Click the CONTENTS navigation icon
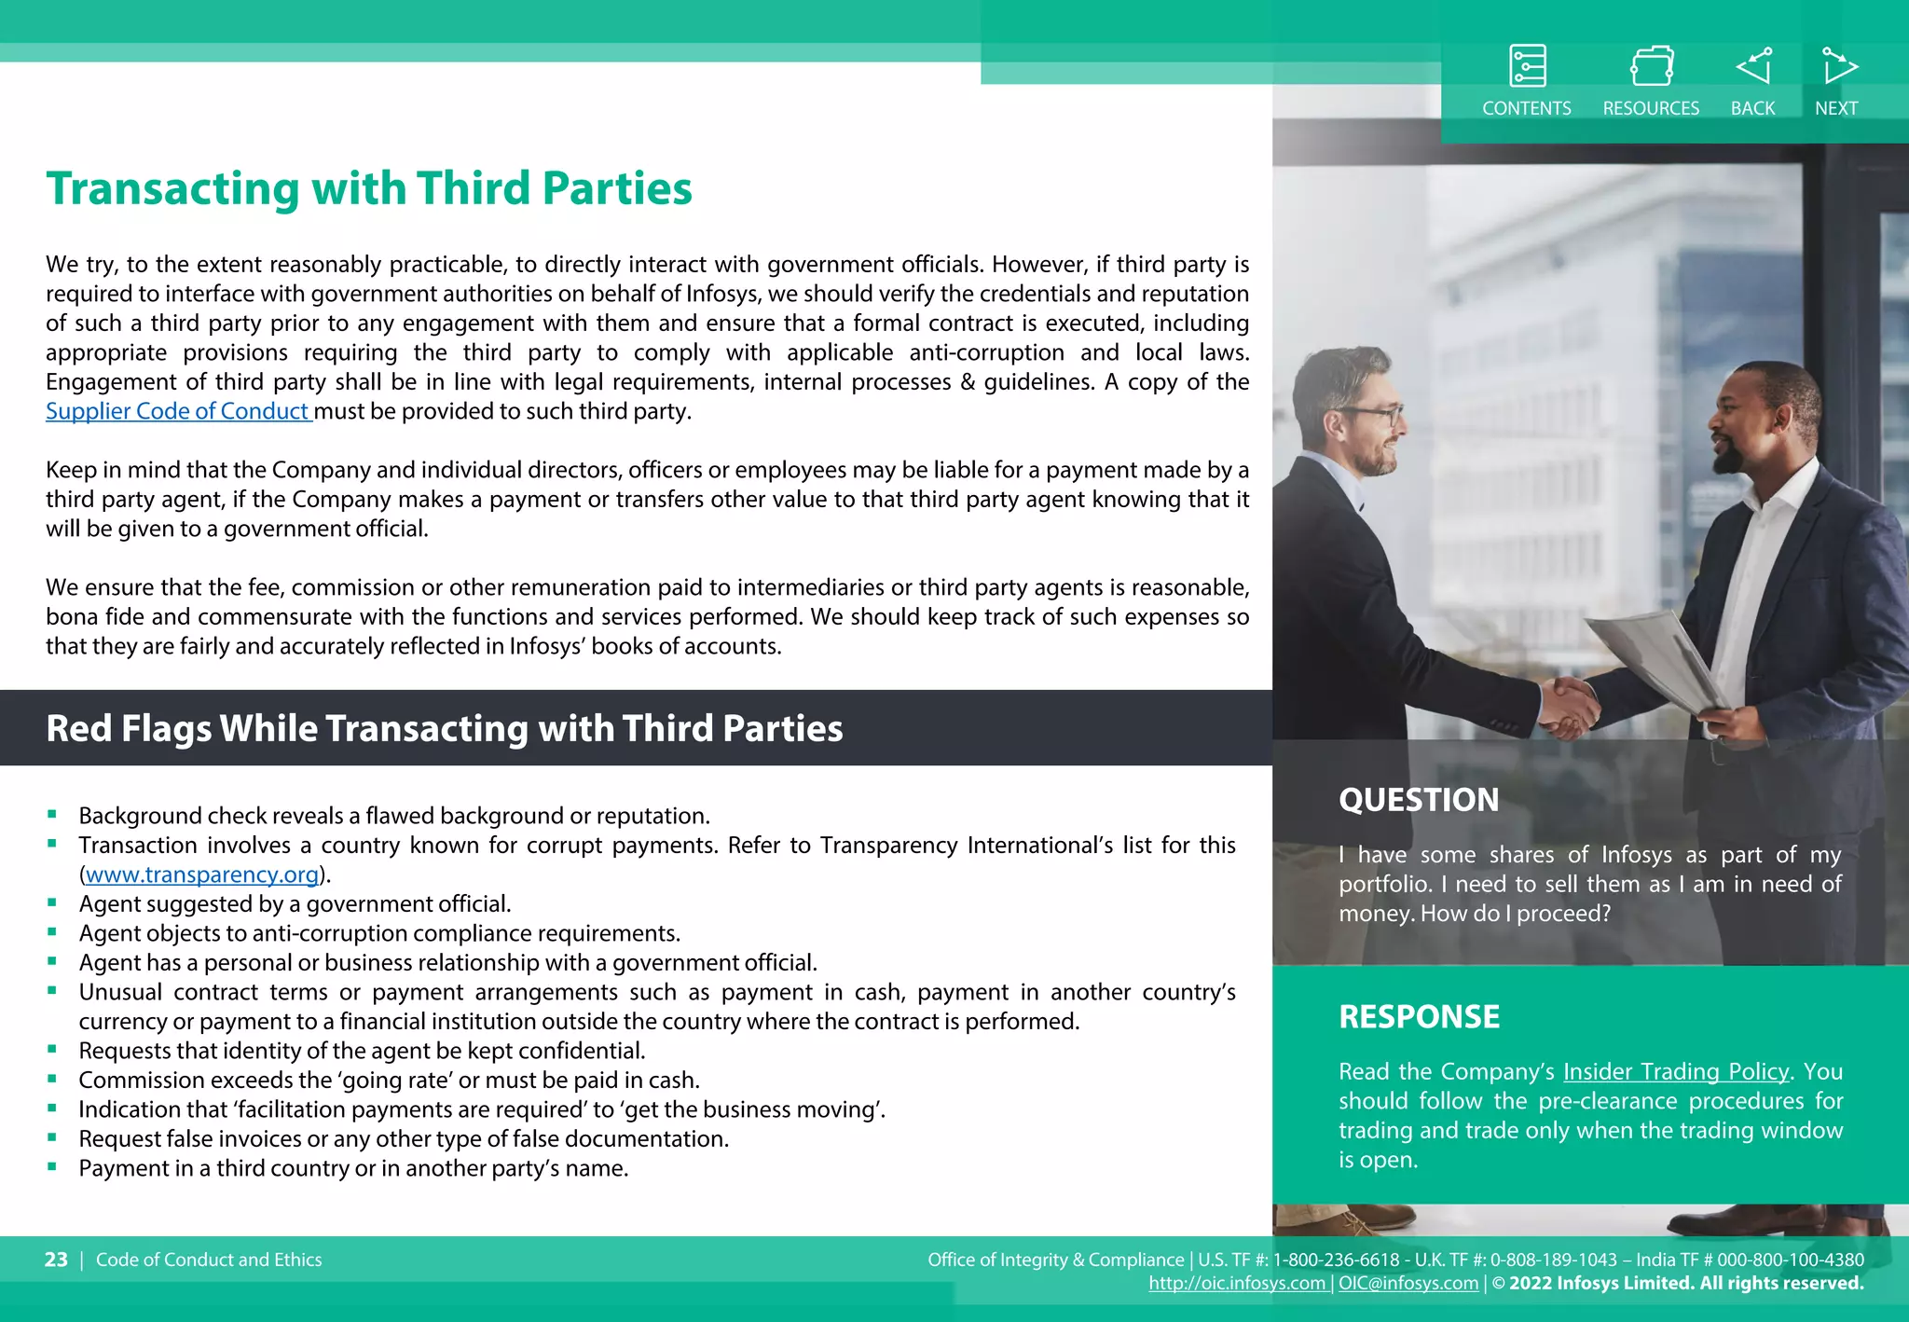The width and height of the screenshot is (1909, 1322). coord(1527,66)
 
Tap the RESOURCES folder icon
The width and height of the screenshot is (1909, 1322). coord(1651,66)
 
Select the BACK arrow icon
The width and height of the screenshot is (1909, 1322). coord(1753,66)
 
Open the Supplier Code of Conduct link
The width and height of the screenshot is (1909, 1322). coord(177,411)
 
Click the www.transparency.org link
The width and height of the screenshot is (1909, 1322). coord(202,874)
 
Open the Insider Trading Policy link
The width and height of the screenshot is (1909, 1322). coord(1675,1072)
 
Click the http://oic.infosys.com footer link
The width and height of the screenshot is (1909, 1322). coord(1236,1284)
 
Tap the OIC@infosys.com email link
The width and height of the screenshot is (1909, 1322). coord(1408,1284)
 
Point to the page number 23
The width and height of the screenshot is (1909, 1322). coord(56,1260)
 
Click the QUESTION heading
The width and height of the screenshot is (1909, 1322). coord(1418,800)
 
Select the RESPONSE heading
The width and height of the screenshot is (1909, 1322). coord(1419,1017)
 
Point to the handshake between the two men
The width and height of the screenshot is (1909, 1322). coord(1569,706)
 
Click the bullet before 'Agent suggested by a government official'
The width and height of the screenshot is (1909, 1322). coord(52,902)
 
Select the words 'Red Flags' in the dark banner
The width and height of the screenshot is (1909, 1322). coord(129,728)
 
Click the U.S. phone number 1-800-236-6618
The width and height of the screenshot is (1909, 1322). coord(1337,1260)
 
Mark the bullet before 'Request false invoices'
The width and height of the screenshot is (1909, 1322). coord(52,1137)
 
